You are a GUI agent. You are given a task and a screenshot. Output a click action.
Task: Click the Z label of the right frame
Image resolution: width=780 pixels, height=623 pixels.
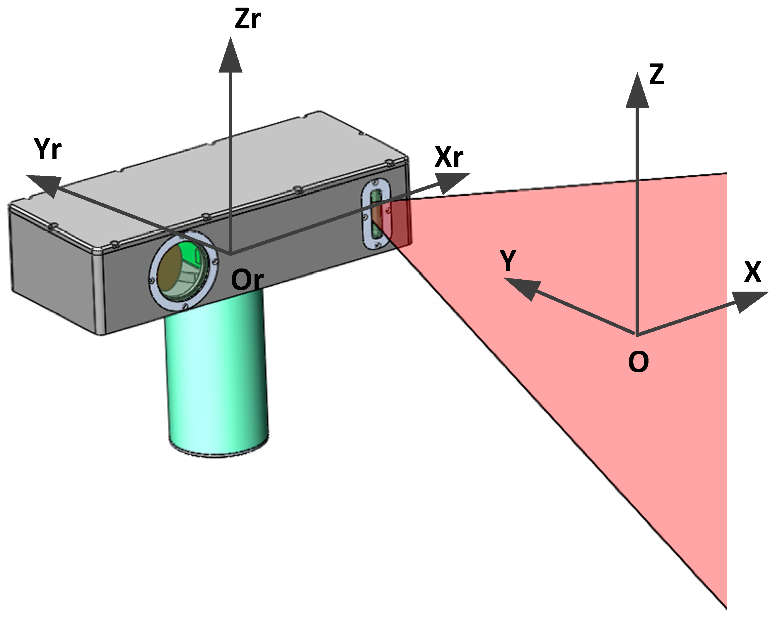656,75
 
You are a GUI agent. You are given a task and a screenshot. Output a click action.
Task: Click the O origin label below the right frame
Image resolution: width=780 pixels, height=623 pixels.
638,362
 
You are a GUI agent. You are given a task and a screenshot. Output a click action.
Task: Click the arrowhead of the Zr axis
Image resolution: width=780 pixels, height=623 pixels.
231,56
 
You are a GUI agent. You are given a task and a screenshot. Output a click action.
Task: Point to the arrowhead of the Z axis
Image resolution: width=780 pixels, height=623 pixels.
637,91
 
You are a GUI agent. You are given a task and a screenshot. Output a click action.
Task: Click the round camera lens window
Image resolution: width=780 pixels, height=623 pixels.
183,270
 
